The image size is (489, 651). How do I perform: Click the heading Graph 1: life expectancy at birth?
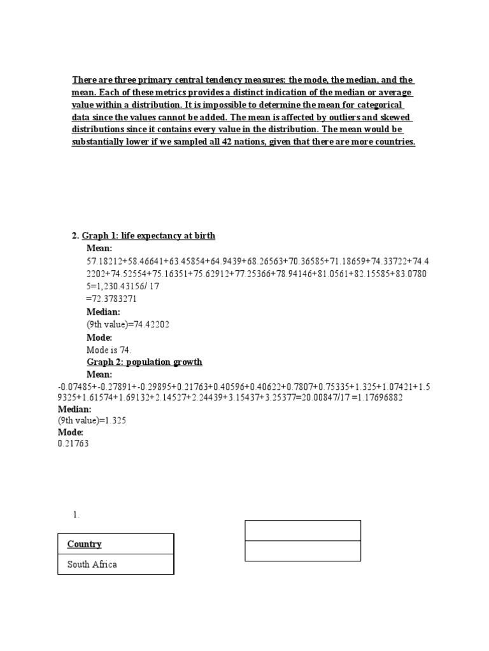[148, 236]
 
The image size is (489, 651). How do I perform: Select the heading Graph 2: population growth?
[144, 362]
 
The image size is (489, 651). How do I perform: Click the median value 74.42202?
[151, 324]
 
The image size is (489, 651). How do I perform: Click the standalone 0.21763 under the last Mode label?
[73, 444]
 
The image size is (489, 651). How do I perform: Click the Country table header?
[85, 544]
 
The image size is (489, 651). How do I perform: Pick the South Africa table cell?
[92, 564]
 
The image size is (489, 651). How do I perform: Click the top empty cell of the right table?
[303, 530]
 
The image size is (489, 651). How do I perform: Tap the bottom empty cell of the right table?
[303, 551]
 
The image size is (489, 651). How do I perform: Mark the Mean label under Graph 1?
[99, 248]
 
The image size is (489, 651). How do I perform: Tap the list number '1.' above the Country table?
[76, 515]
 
